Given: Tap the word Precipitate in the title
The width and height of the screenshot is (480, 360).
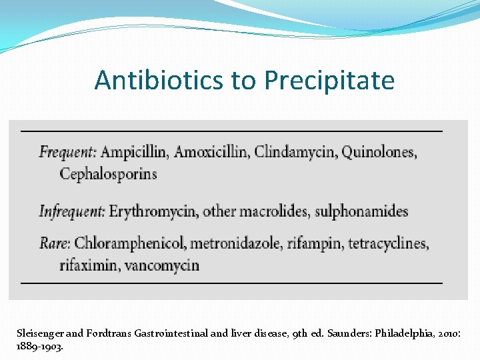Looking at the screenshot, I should click(x=329, y=81).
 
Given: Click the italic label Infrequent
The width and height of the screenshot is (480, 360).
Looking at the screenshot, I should click(x=72, y=212).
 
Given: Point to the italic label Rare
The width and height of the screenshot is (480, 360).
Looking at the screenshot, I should click(x=55, y=243).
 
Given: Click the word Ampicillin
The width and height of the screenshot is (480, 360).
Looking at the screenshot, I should click(x=135, y=152).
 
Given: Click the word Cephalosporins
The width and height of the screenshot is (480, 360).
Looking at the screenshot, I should click(x=109, y=175).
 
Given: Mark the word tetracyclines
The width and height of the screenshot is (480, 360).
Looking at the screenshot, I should click(x=387, y=243).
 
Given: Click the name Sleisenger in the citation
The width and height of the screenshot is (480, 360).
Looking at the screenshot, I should click(x=41, y=331).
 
